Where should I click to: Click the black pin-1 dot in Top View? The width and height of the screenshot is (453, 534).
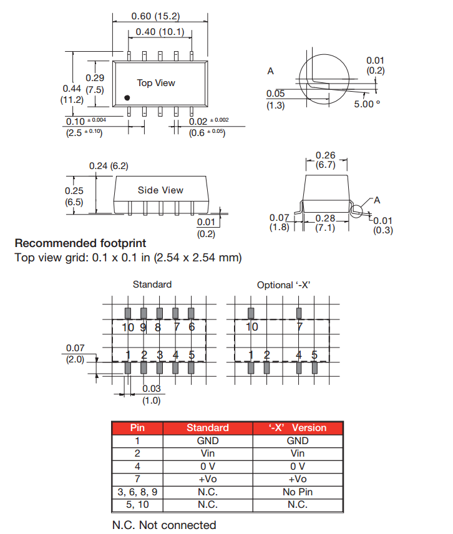(127, 98)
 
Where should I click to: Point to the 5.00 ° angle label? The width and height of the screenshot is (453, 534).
(367, 104)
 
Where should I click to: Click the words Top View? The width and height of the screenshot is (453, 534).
(156, 83)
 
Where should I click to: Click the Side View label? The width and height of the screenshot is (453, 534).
(160, 190)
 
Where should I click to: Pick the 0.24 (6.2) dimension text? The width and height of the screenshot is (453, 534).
(109, 166)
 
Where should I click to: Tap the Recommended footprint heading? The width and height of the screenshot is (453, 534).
(80, 243)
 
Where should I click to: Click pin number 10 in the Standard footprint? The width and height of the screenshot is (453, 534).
(128, 327)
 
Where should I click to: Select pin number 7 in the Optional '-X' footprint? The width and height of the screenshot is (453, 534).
(300, 327)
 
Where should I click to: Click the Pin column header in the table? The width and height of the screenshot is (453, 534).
(137, 428)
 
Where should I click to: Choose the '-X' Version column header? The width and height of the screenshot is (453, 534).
(298, 428)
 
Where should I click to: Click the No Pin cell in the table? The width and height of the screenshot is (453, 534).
(298, 492)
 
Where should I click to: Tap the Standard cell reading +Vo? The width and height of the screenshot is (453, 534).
(208, 479)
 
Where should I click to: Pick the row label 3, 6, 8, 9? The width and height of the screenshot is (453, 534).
(137, 492)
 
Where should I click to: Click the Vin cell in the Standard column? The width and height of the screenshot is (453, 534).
(208, 454)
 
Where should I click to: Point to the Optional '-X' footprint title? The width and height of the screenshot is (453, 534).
(284, 285)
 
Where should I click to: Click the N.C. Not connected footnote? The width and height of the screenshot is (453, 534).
(164, 525)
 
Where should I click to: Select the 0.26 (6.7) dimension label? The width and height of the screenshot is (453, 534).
(326, 160)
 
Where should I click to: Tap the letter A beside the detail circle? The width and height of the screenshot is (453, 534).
(270, 71)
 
